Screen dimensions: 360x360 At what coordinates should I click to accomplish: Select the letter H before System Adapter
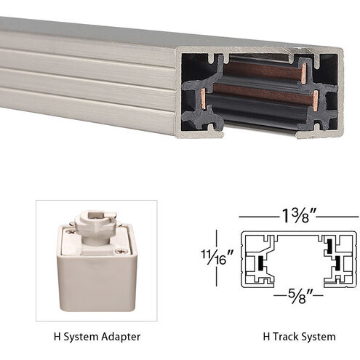[x=57, y=337]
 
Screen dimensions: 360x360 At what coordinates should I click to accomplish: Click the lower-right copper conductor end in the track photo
[x=316, y=98]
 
